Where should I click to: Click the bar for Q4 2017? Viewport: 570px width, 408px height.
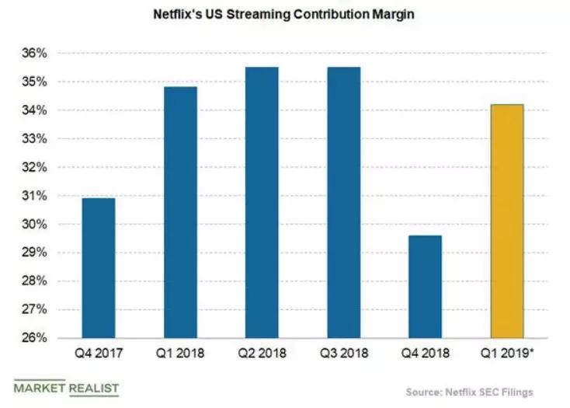click(x=99, y=268)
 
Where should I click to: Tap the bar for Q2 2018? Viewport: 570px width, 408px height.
click(x=262, y=203)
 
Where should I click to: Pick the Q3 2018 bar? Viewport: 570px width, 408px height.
click(x=343, y=203)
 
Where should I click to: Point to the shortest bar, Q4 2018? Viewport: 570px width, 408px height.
click(x=425, y=287)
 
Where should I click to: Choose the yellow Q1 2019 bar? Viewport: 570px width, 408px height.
click(x=506, y=221)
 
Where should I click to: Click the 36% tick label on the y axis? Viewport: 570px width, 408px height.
click(x=36, y=54)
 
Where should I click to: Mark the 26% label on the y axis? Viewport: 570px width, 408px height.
click(x=36, y=339)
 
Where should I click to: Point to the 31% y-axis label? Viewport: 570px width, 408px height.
click(x=36, y=196)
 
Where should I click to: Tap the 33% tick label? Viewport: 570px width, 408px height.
click(x=36, y=139)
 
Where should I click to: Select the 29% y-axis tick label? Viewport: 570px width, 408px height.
click(x=36, y=253)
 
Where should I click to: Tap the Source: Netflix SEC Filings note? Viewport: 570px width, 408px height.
click(x=469, y=392)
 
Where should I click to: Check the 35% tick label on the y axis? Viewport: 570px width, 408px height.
click(x=36, y=82)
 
